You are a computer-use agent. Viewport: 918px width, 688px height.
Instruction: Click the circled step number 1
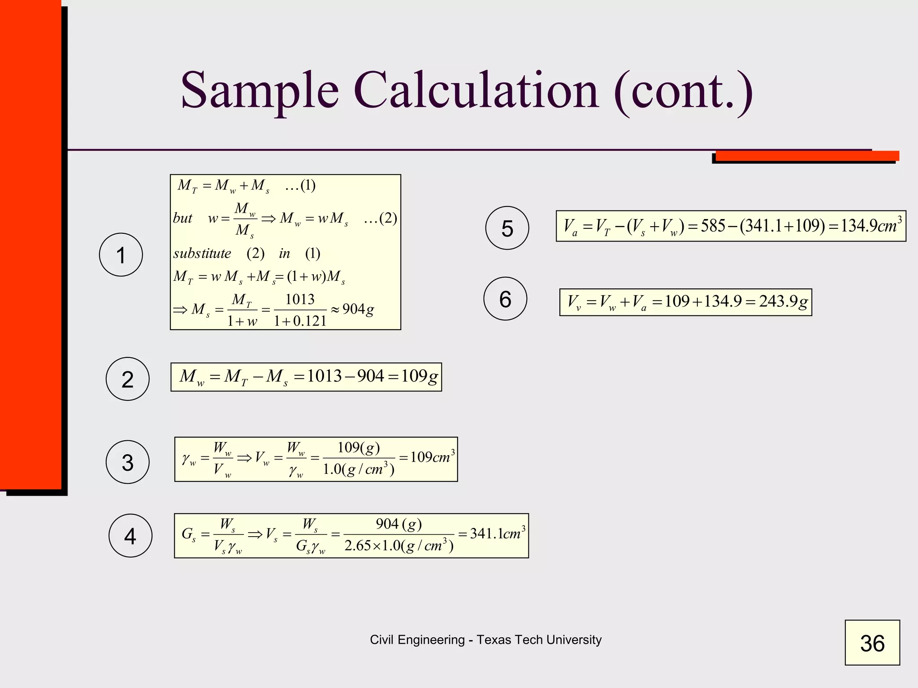[x=121, y=255]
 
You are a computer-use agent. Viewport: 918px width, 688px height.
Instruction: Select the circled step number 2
[x=128, y=379]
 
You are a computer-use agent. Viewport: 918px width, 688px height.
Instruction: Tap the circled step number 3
[x=128, y=462]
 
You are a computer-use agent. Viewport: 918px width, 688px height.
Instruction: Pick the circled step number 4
[x=130, y=536]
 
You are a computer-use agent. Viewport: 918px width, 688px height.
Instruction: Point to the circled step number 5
[x=507, y=228]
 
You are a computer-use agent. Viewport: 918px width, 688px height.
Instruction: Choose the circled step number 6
[x=505, y=299]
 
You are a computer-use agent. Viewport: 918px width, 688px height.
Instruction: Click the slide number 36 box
[x=872, y=643]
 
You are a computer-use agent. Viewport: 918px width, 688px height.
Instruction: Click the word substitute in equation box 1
[x=202, y=254]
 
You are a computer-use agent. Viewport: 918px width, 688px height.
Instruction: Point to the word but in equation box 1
[x=182, y=218]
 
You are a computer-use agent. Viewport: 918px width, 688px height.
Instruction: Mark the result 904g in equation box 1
[x=358, y=309]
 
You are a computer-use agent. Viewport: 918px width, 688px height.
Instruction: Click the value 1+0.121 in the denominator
[x=300, y=321]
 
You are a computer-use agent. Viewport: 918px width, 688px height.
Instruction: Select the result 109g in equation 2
[x=419, y=376]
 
